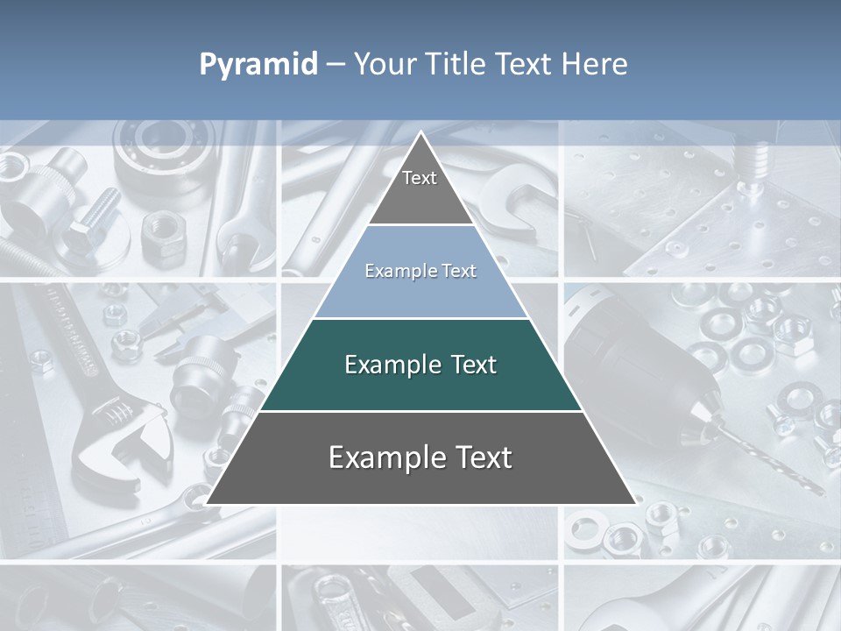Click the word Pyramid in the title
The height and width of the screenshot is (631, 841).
tap(258, 65)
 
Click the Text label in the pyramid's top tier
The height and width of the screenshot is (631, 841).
tap(420, 178)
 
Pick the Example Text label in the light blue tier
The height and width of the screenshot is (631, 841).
tap(420, 271)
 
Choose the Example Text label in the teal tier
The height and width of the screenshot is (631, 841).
tap(420, 365)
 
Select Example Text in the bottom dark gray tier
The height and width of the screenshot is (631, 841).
tap(420, 457)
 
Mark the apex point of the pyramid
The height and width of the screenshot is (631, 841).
tap(420, 132)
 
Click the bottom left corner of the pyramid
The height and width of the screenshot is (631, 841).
tap(207, 504)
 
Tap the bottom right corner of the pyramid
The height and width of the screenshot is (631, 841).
tap(635, 504)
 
